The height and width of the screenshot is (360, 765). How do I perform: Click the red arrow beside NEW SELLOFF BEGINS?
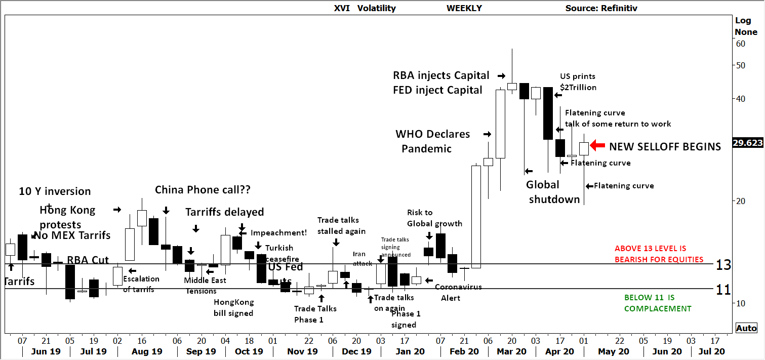click(598, 146)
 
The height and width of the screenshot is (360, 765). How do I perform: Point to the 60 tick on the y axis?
click(740, 44)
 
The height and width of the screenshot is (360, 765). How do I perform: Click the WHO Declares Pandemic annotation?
click(432, 141)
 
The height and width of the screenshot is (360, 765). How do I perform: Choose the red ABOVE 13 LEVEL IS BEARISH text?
click(659, 254)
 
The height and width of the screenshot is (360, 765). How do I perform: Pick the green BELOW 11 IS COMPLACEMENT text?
click(657, 303)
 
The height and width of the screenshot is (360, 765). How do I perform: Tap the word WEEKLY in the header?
click(464, 8)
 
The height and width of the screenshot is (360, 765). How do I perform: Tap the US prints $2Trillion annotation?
click(578, 82)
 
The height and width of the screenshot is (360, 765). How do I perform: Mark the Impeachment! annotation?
click(278, 233)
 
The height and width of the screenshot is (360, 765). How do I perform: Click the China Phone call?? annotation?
click(203, 190)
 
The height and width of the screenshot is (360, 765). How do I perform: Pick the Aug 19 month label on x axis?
click(147, 351)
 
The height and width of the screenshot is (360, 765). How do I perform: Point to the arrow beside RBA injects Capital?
click(501, 76)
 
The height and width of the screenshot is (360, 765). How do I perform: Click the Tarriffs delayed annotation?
click(224, 212)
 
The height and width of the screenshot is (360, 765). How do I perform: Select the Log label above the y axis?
click(743, 20)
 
